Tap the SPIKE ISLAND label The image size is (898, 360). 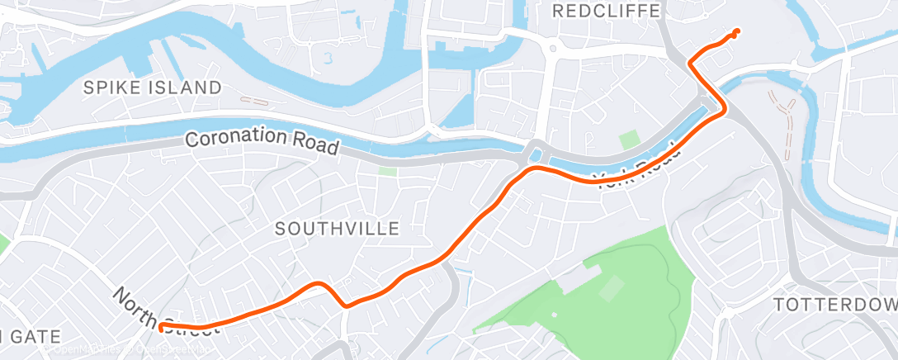point(152,88)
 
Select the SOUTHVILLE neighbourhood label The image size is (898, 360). point(338,228)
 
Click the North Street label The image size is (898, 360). point(165,311)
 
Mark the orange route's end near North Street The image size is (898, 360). point(161,328)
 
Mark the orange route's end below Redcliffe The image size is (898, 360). point(735,32)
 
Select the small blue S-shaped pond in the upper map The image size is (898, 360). point(329,58)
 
